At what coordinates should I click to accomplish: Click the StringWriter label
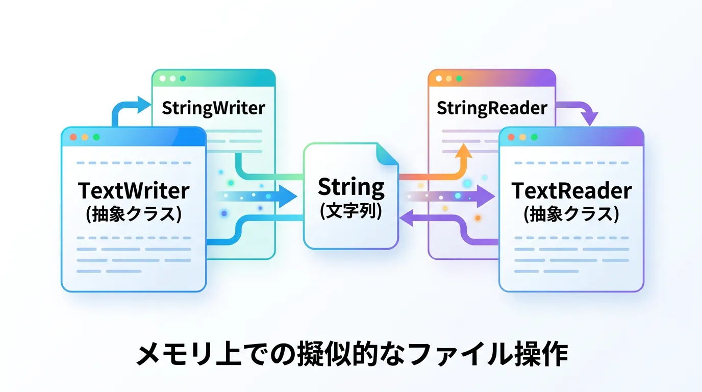[x=213, y=108]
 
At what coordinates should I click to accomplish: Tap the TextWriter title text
[x=134, y=191]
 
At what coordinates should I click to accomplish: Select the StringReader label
[x=492, y=108]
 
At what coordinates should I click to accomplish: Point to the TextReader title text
[x=571, y=191]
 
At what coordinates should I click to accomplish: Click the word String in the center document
[x=351, y=188]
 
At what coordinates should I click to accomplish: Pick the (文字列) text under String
[x=351, y=211]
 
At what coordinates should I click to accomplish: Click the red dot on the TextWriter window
[x=73, y=137]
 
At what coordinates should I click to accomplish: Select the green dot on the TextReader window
[x=534, y=137]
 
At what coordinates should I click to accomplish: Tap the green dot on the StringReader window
[x=459, y=79]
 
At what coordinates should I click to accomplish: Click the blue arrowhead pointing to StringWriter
[x=144, y=106]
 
